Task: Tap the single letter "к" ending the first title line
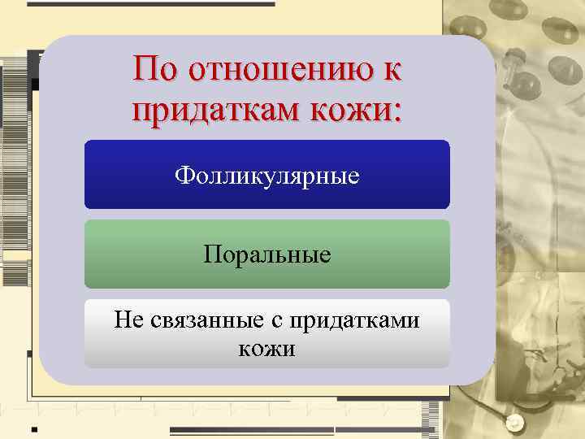pyautogui.click(x=391, y=71)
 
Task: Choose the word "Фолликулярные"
pyautogui.click(x=266, y=176)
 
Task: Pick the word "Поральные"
pyautogui.click(x=266, y=255)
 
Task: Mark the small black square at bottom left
pyautogui.click(x=33, y=428)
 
